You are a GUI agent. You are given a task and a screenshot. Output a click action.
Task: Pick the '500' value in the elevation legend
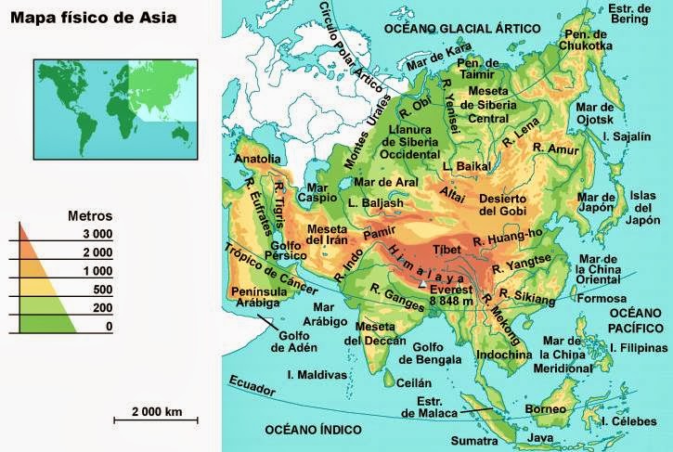tap(100, 289)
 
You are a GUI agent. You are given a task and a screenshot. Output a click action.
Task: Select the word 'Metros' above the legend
tap(91, 216)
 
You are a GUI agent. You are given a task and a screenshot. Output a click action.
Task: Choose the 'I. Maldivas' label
tap(317, 375)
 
